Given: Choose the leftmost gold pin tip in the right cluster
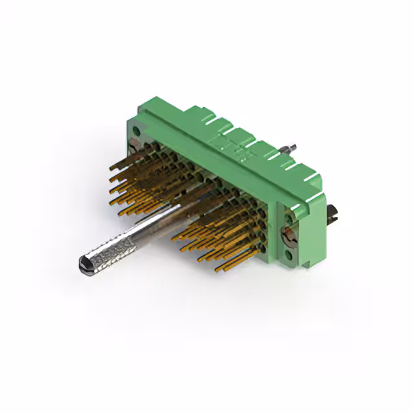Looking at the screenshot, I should click(x=173, y=236).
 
